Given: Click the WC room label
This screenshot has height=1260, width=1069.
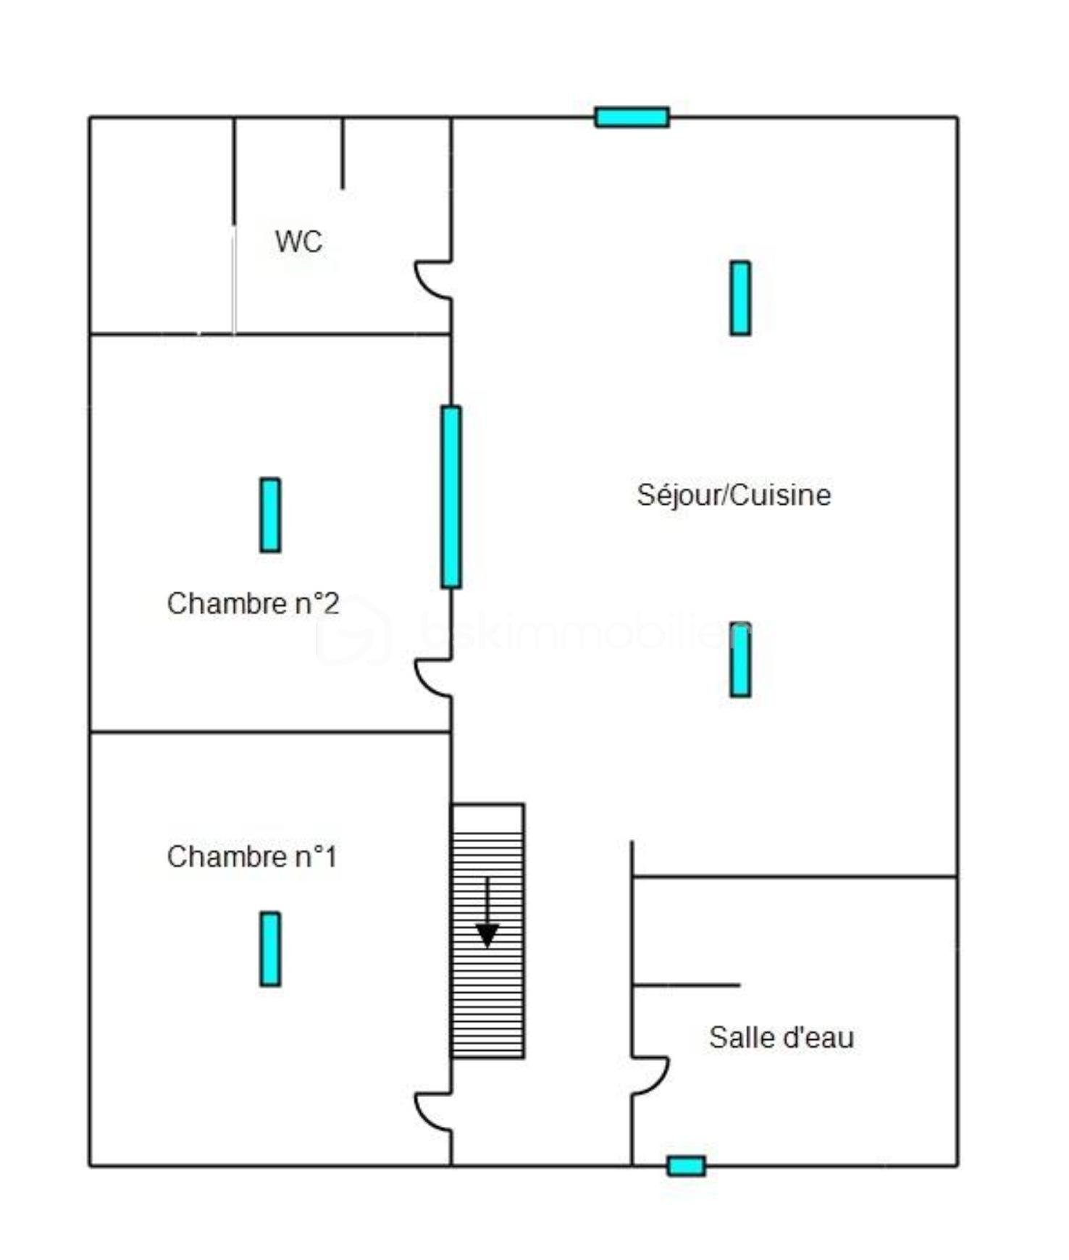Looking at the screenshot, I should coord(298,241).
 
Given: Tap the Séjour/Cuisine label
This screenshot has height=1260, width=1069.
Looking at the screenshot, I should coord(733,495).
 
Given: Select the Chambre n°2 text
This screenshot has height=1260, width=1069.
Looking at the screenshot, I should coord(253,603).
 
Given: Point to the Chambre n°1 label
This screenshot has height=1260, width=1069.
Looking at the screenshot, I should coord(252,857).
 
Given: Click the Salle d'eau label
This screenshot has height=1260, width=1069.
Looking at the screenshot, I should coord(781,1038).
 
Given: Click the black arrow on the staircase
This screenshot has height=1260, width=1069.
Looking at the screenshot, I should coord(487,916).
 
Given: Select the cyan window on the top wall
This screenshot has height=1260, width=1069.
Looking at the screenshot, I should coord(632,117).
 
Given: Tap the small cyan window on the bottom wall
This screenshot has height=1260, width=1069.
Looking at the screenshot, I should coord(686,1166).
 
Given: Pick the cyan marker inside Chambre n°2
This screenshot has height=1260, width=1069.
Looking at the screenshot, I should coord(270,515).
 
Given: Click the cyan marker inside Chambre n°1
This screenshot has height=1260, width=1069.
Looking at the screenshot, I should coord(270,949).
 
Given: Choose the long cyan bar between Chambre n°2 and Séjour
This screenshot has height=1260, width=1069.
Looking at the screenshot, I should coord(450,497).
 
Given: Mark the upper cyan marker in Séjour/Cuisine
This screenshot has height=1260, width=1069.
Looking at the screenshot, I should coord(739,298).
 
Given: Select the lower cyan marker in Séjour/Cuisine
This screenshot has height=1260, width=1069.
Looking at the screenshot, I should coord(739,660).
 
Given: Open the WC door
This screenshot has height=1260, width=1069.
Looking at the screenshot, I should coord(433,280).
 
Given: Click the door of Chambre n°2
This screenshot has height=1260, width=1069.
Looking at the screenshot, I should coord(433,678).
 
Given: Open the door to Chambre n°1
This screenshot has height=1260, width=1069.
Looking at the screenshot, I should coord(433,1112).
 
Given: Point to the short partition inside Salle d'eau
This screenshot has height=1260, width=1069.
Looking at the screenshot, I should coord(685,985).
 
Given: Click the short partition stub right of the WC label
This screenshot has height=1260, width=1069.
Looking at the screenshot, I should coord(343,153).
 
